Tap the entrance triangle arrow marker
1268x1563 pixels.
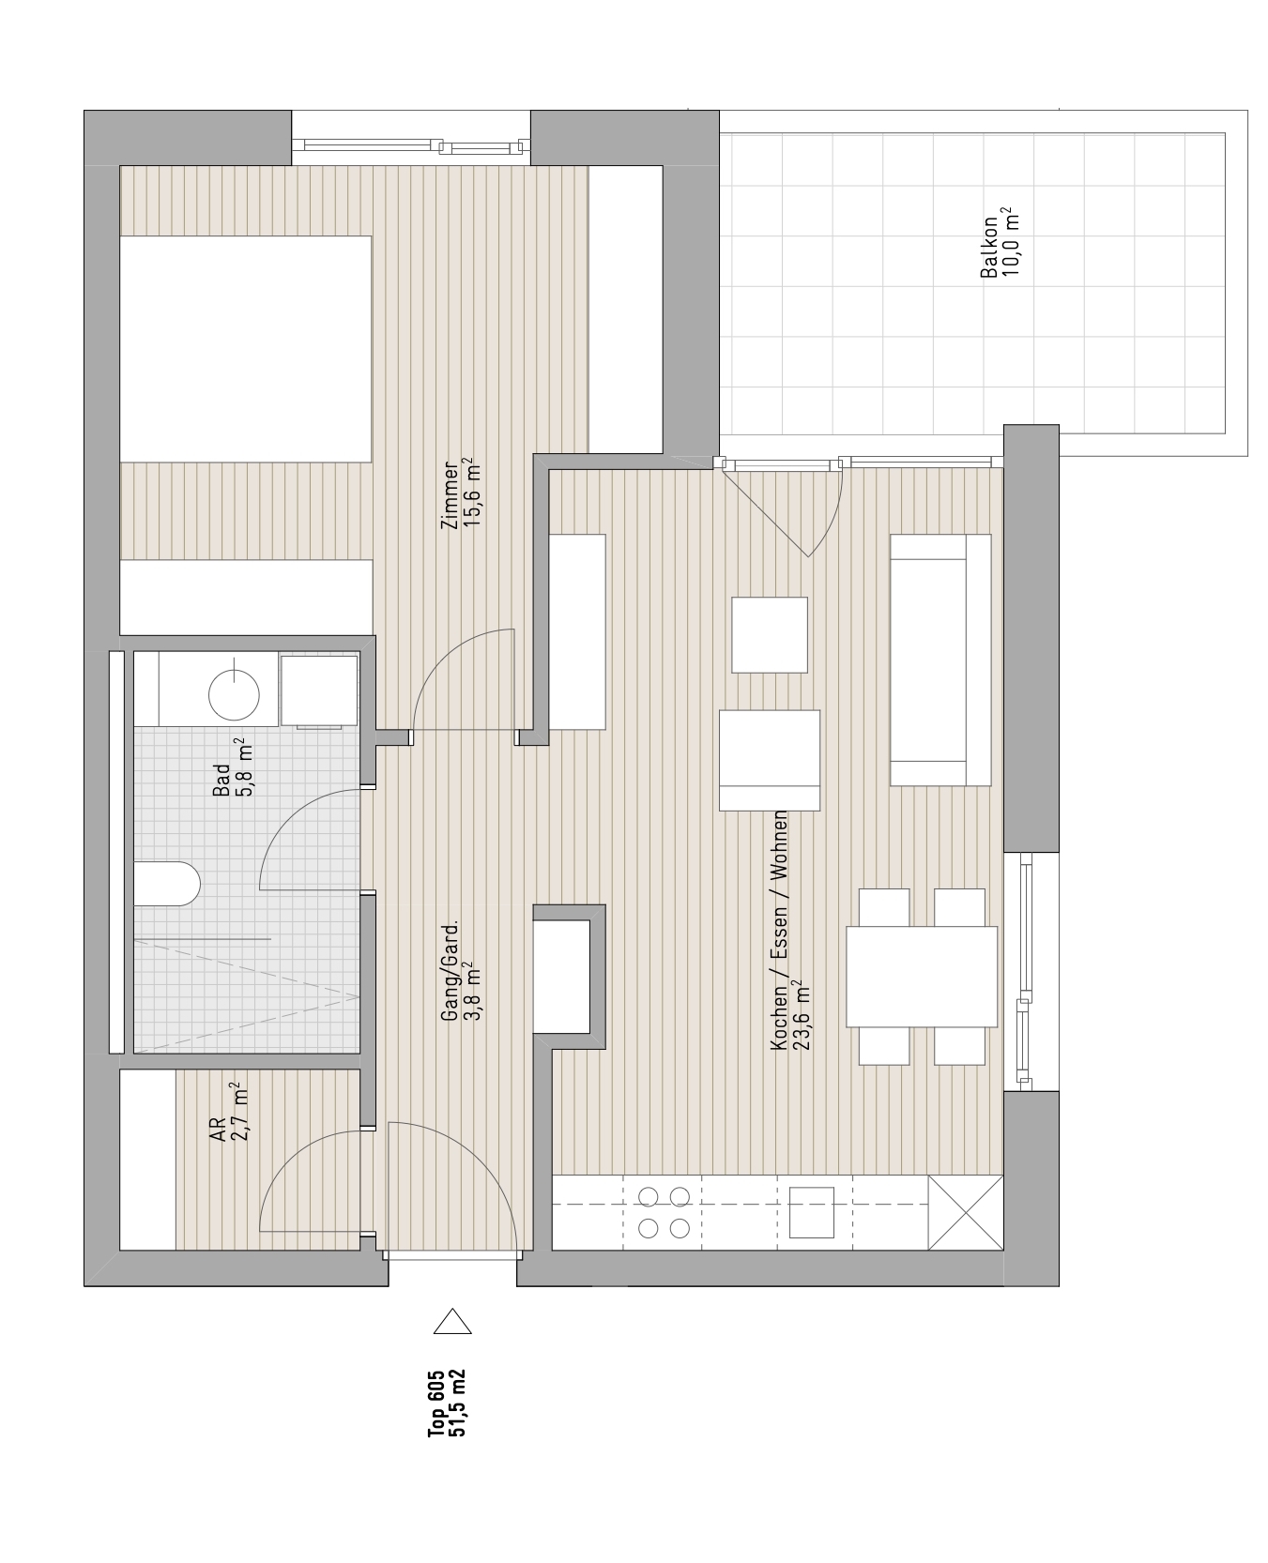pyautogui.click(x=452, y=1322)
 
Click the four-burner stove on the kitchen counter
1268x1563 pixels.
pyautogui.click(x=664, y=1212)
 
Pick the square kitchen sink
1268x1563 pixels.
pyautogui.click(x=812, y=1212)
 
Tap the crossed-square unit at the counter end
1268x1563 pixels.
pyautogui.click(x=965, y=1212)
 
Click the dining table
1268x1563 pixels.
pyautogui.click(x=922, y=977)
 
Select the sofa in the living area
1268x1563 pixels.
pyautogui.click(x=940, y=660)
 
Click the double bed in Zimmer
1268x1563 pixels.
pyautogui.click(x=246, y=349)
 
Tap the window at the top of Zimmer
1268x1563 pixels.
pyautogui.click(x=411, y=145)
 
